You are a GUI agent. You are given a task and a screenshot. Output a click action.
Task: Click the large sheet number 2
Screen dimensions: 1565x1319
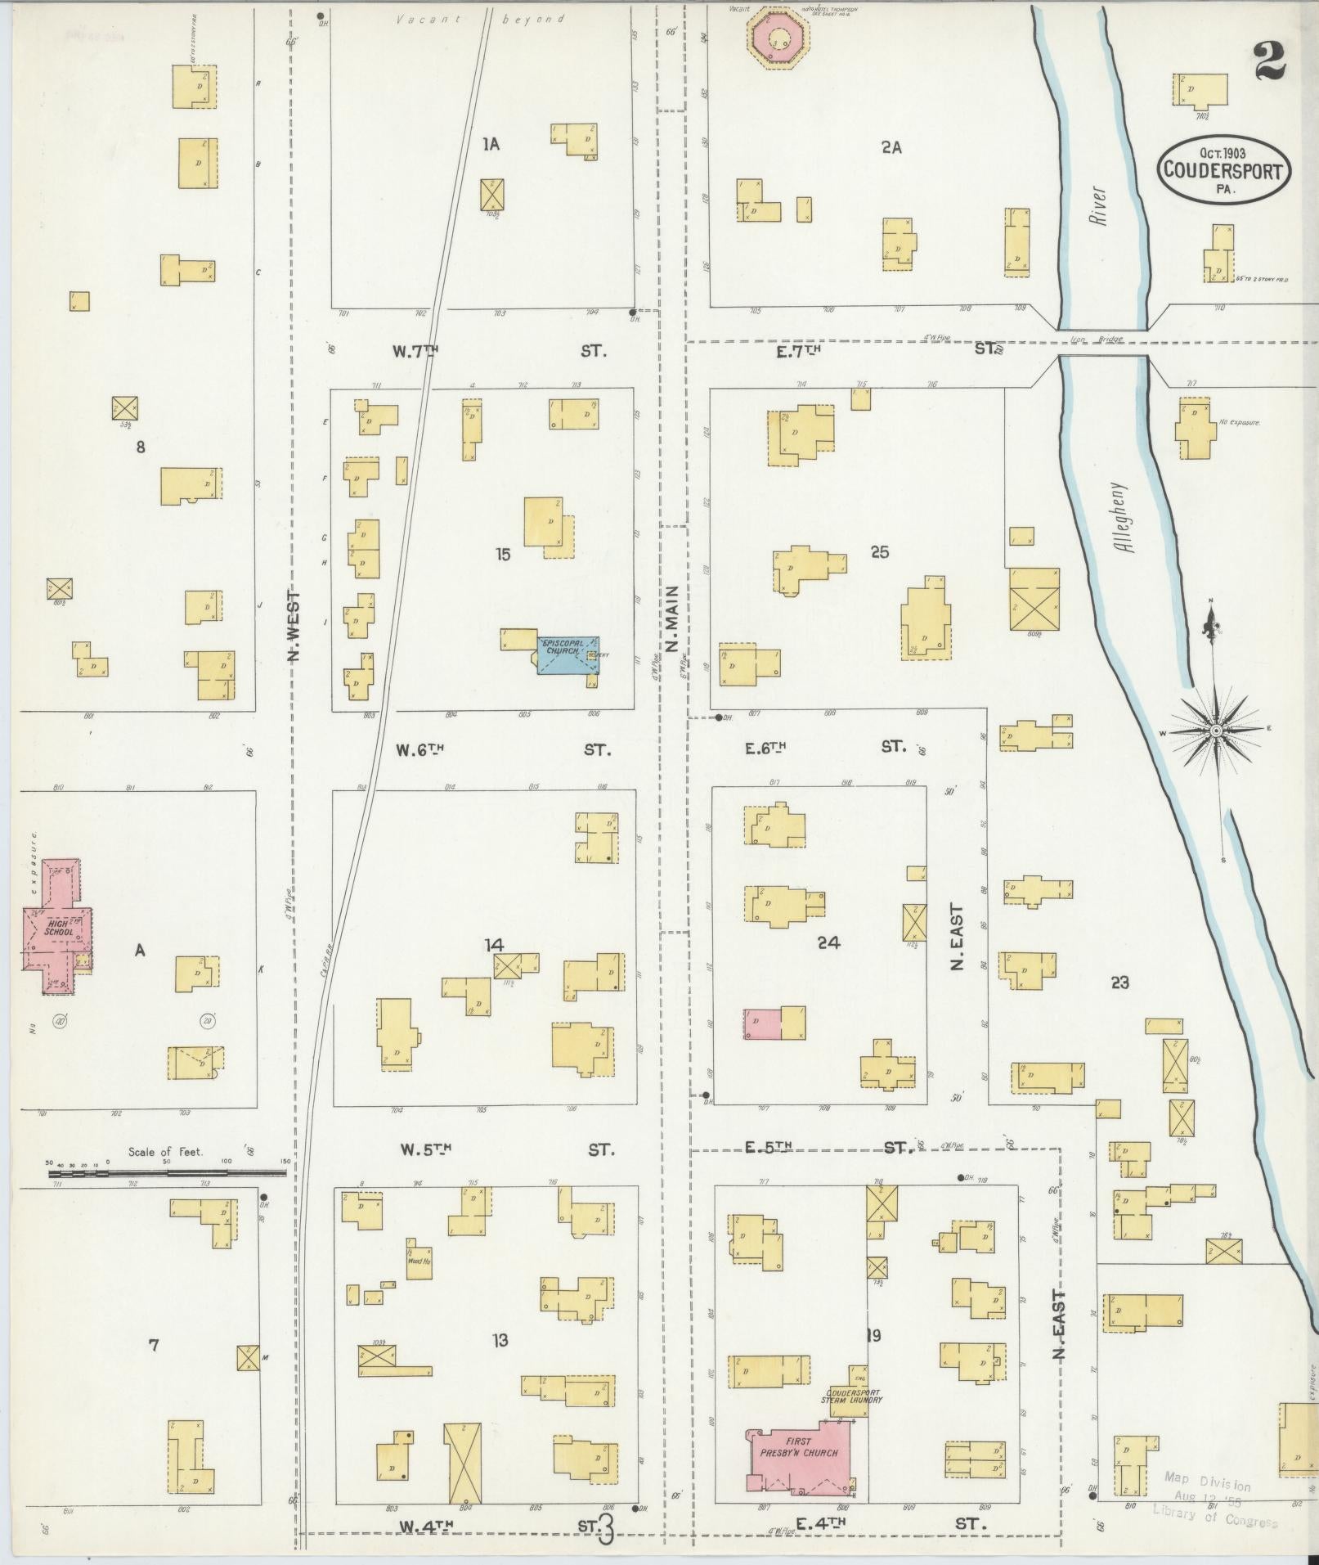click(x=1267, y=61)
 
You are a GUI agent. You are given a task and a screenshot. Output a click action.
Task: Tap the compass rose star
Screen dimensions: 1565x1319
click(x=1215, y=730)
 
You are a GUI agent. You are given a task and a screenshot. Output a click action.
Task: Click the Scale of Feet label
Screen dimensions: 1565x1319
click(x=165, y=1152)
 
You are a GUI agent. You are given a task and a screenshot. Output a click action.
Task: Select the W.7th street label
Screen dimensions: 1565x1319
click(x=415, y=351)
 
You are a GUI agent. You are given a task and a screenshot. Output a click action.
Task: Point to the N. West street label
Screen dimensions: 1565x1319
click(x=295, y=627)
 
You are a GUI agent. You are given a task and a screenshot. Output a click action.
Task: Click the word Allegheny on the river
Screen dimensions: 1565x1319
click(x=1127, y=517)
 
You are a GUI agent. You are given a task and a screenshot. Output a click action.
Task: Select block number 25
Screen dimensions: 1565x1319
click(x=879, y=552)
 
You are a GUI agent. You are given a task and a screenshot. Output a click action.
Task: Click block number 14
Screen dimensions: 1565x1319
click(x=494, y=945)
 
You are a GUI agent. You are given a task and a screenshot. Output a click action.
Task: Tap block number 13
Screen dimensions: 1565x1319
click(x=500, y=1339)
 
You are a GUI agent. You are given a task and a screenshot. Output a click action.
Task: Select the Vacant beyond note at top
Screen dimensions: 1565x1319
click(x=480, y=19)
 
